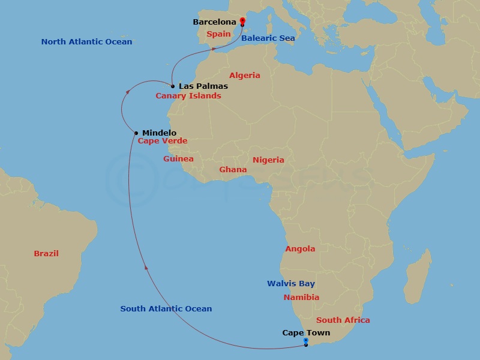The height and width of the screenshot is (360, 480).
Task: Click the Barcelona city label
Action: (214, 22)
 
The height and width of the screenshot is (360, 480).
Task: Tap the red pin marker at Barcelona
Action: (242, 22)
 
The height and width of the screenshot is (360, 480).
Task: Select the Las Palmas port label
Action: (203, 86)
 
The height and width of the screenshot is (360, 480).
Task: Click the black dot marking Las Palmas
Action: (173, 86)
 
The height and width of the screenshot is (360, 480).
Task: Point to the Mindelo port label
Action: (160, 133)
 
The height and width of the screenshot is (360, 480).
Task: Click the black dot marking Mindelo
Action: (137, 133)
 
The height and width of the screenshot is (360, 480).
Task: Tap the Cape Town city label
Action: (306, 332)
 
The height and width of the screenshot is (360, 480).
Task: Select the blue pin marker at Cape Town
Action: (306, 341)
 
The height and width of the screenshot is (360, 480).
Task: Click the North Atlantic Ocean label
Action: (86, 42)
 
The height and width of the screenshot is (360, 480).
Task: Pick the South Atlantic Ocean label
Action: (166, 309)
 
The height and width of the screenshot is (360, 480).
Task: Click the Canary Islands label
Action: (188, 96)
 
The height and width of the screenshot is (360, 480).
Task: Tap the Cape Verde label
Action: (163, 142)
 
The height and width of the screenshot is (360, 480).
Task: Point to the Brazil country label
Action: (46, 254)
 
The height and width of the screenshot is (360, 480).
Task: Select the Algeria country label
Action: (245, 76)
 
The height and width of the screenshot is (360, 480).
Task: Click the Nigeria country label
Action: (268, 160)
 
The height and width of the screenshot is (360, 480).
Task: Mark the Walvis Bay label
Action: (291, 284)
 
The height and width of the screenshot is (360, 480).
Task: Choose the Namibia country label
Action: (301, 298)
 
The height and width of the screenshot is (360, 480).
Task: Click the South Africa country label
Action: (343, 320)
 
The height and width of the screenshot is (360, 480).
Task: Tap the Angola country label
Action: (300, 249)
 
